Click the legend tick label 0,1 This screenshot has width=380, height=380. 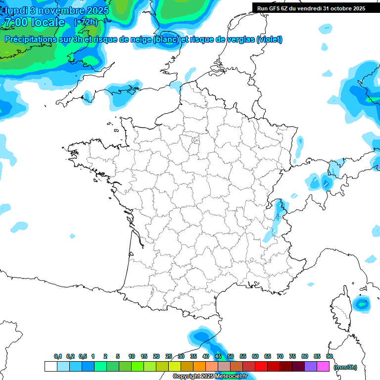[58, 356]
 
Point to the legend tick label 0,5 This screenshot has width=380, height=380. [83, 356]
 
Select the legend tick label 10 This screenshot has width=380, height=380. [132, 356]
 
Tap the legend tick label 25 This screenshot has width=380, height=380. [169, 356]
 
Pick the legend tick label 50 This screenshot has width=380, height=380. [231, 356]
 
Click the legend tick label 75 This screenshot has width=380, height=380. [292, 356]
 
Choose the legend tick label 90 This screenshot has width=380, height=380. [330, 356]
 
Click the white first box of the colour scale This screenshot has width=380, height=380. [50, 366]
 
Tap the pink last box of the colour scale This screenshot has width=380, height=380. [323, 366]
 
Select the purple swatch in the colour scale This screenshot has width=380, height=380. [311, 366]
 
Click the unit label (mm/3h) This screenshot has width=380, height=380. [345, 367]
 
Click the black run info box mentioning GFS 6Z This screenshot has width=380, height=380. [311, 8]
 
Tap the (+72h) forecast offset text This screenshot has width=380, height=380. [85, 22]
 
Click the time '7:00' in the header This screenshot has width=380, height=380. [15, 22]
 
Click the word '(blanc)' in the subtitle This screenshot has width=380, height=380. [166, 40]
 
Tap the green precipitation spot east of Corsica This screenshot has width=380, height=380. [363, 303]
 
